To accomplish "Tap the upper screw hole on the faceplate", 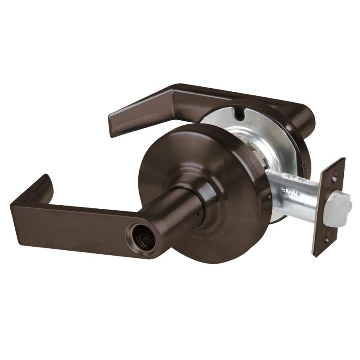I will (333, 179).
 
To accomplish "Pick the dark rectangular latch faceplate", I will (328, 207).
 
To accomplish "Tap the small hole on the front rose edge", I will (269, 197).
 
